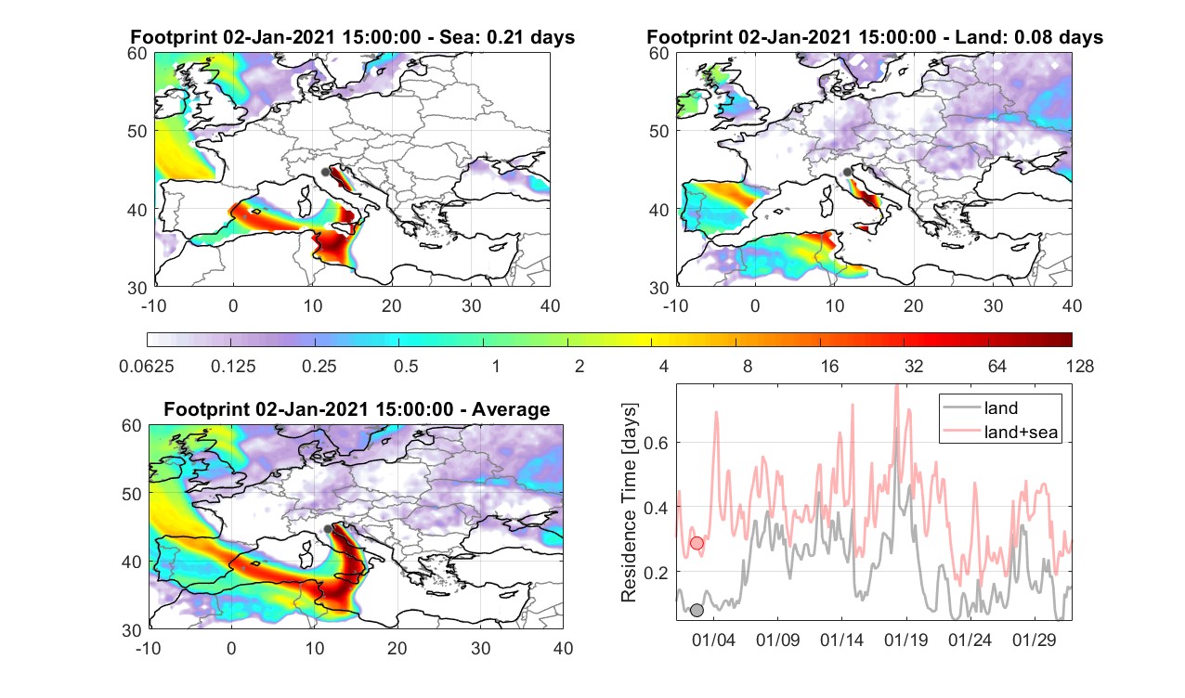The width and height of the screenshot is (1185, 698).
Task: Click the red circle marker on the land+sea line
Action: click(697, 543)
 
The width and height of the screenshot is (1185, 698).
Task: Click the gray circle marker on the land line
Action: click(697, 610)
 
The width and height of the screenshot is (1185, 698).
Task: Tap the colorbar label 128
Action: click(1080, 366)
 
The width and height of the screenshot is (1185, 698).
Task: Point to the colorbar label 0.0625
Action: click(146, 366)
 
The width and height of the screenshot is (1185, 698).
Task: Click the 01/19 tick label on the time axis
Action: click(905, 640)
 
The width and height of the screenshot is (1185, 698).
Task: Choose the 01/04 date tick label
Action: click(713, 640)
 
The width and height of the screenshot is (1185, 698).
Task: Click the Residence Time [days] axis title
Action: click(629, 503)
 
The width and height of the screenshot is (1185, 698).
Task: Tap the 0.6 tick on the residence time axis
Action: click(657, 443)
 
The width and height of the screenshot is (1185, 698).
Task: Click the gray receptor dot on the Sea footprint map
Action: click(325, 172)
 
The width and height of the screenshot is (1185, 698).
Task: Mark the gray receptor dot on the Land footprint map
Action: click(847, 172)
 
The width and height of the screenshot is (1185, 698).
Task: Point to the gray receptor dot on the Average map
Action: click(328, 529)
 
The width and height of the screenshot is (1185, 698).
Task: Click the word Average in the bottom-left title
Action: click(511, 409)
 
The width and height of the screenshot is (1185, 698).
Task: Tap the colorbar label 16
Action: click(829, 366)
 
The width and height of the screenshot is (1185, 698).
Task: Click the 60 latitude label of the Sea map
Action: click(137, 54)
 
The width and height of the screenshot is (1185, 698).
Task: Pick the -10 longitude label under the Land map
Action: click(675, 305)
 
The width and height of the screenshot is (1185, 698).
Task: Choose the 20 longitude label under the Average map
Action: click(397, 648)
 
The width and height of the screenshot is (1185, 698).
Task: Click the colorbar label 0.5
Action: click(406, 366)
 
